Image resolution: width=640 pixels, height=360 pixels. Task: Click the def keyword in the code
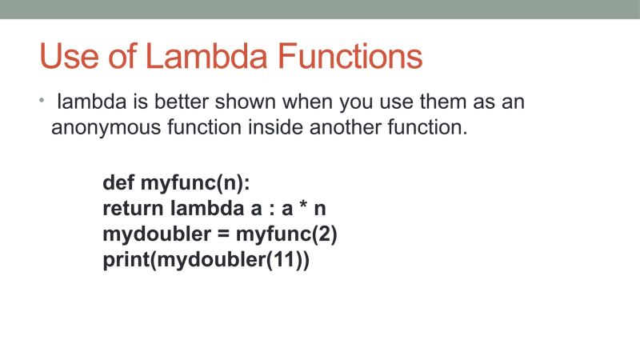pos(118,183)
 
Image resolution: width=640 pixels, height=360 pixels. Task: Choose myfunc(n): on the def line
pos(195,183)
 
